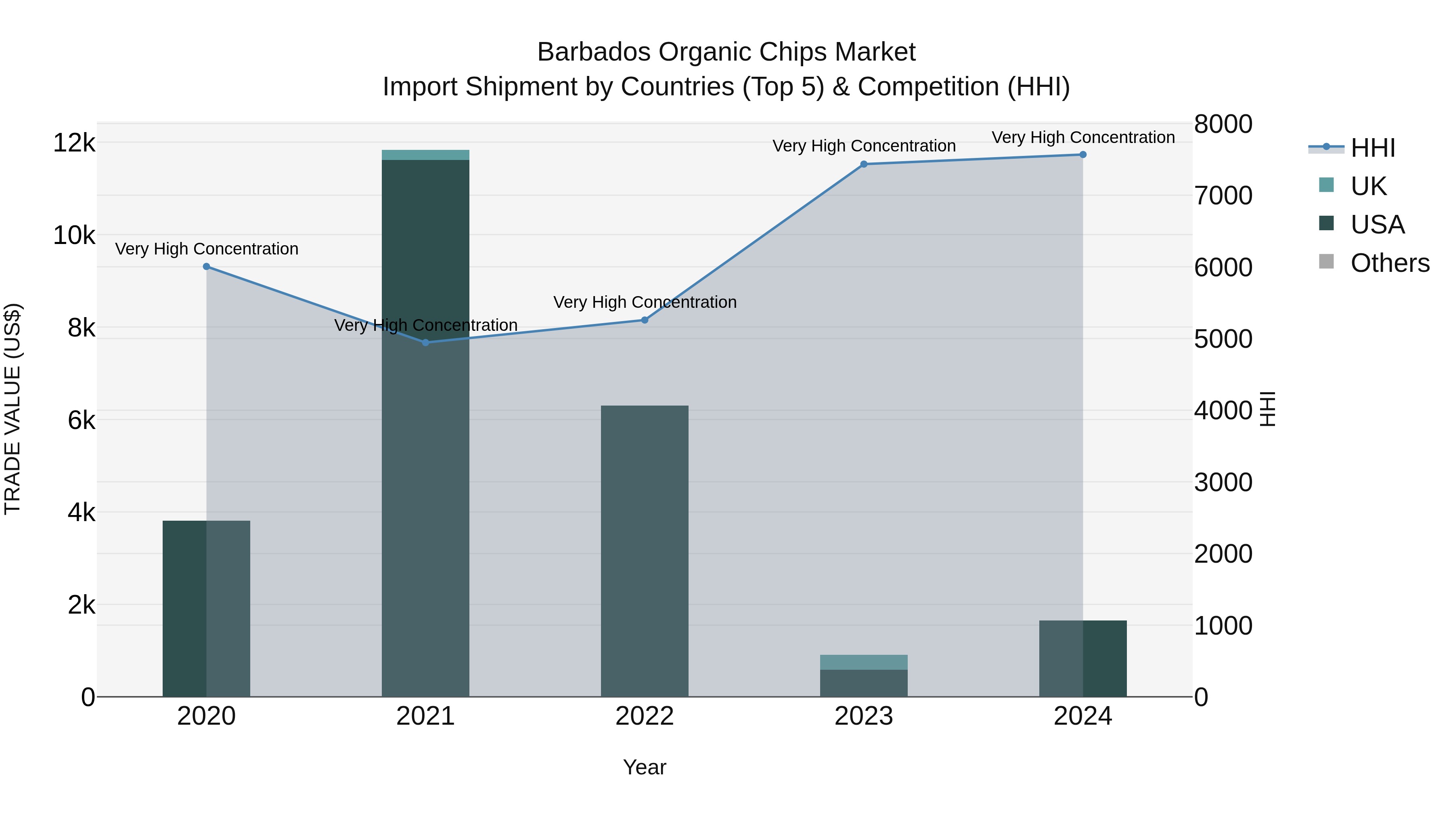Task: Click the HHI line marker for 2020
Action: tap(206, 267)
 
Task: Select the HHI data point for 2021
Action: tap(426, 343)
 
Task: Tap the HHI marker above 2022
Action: tap(645, 320)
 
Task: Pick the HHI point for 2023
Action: tap(864, 164)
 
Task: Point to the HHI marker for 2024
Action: tap(1083, 155)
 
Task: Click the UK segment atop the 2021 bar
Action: tap(426, 155)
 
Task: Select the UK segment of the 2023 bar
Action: tap(864, 662)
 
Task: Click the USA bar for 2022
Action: tap(645, 551)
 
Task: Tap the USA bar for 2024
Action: tap(1083, 658)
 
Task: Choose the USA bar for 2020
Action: tap(206, 609)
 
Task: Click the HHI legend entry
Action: tap(1372, 148)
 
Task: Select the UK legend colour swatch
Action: tap(1327, 185)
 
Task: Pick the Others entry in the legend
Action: tap(1389, 263)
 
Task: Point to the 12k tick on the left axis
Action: tap(74, 143)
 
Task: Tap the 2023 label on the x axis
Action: tap(864, 716)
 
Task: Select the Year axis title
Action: tap(645, 767)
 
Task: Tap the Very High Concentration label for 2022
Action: tap(645, 302)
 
